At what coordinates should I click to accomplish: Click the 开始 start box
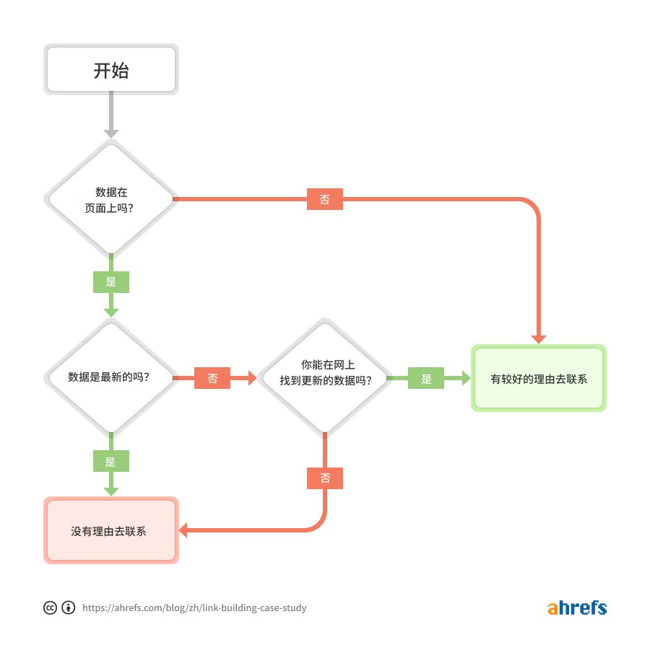coord(111,70)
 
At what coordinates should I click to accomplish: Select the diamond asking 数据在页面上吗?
coord(111,198)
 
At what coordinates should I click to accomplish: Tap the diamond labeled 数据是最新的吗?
coord(111,377)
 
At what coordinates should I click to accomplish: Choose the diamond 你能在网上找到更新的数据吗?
coord(325,377)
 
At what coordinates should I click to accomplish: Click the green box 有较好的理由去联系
coord(538,378)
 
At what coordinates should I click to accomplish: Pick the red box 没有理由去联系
coord(111,530)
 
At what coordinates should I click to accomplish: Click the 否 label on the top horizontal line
coord(325,199)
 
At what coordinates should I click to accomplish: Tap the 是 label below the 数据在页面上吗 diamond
coord(111,281)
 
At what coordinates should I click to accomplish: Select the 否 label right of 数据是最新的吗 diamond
coord(212,377)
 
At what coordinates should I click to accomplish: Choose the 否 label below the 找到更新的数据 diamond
coord(325,478)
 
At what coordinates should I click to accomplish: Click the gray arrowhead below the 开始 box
coord(111,133)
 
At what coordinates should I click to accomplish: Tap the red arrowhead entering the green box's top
coord(538,339)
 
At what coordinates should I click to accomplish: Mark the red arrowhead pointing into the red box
coord(183,530)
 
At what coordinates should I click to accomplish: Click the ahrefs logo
coord(576,607)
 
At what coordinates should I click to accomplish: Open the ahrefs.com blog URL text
coord(194,608)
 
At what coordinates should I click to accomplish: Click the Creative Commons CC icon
coord(50,607)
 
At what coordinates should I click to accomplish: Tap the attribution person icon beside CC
coord(69,607)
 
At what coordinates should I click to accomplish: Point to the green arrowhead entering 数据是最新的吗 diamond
coord(111,312)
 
